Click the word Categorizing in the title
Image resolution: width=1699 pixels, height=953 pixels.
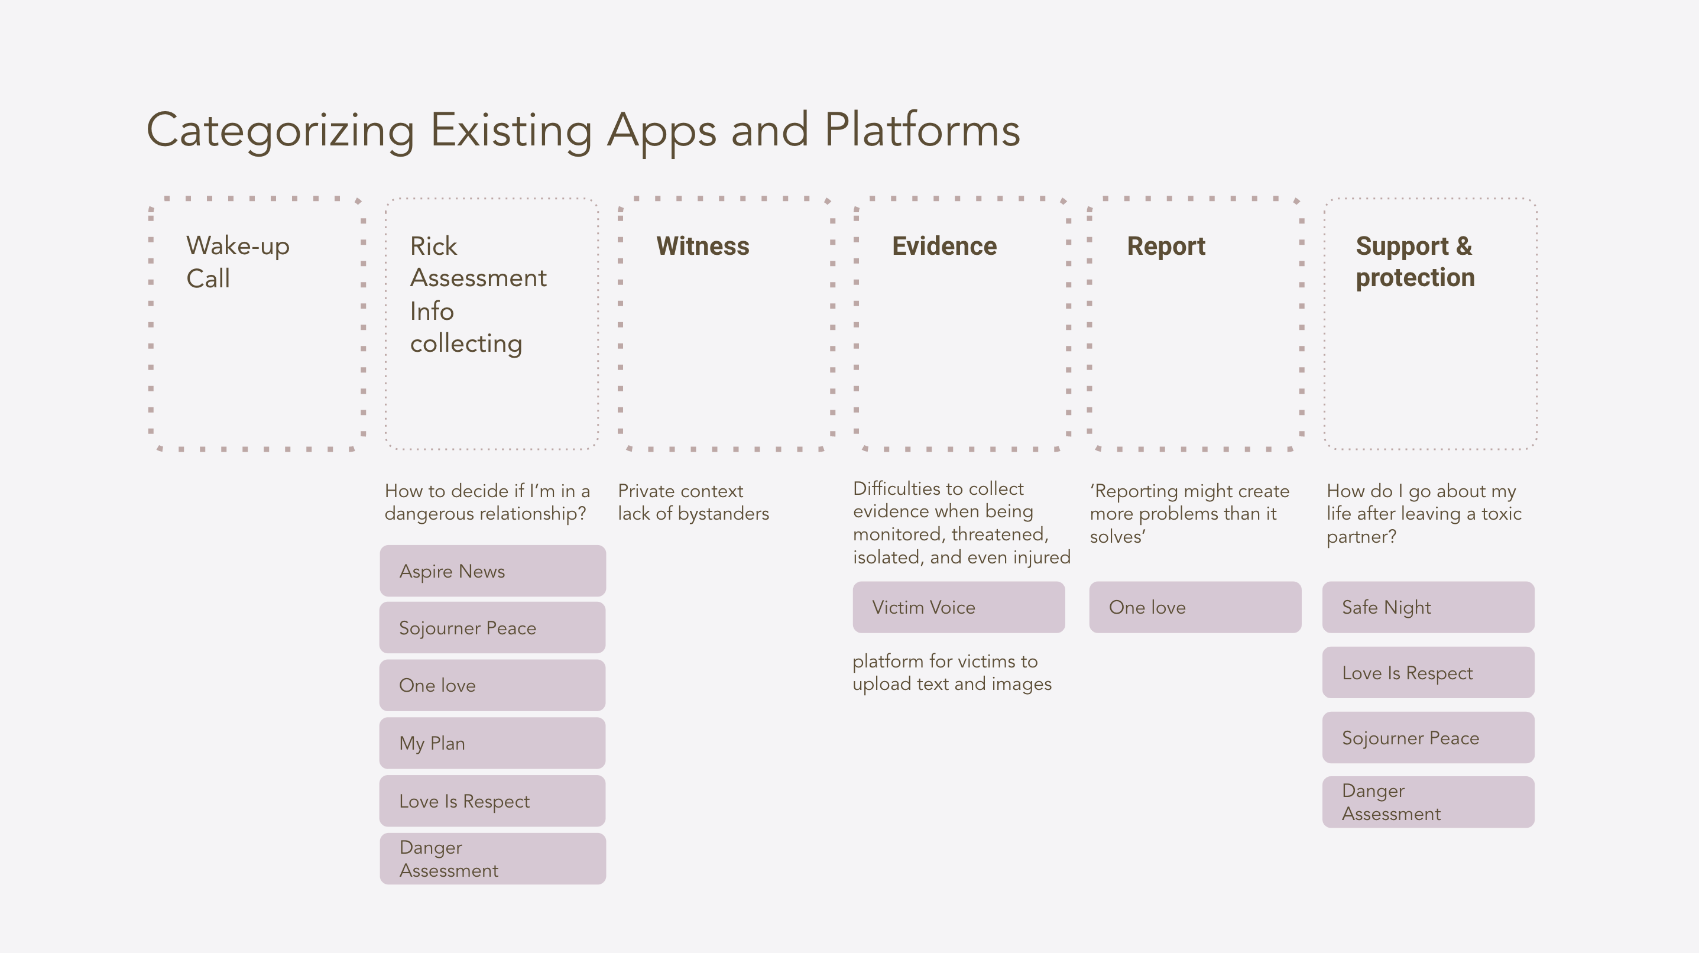click(281, 131)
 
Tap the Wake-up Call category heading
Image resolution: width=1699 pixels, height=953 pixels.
click(238, 262)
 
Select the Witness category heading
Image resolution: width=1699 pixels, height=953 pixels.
click(702, 246)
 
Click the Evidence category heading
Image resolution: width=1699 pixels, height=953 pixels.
click(945, 246)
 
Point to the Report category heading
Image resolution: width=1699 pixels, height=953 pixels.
click(1166, 247)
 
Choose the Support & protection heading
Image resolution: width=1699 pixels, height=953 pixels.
click(1415, 262)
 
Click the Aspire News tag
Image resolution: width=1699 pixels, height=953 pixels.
click(492, 571)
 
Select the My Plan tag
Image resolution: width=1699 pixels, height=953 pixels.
click(492, 743)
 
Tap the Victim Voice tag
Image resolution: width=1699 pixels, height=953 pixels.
click(959, 607)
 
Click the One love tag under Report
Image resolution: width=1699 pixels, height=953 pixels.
click(1195, 607)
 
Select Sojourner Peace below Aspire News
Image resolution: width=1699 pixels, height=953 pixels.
click(492, 628)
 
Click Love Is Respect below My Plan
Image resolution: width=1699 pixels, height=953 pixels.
click(492, 801)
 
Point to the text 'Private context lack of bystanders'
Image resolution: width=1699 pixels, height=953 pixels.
click(694, 503)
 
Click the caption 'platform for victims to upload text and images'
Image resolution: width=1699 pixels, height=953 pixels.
click(952, 673)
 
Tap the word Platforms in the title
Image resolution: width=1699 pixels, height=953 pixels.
click(923, 130)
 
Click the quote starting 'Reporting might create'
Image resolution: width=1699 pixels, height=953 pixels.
click(1190, 514)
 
